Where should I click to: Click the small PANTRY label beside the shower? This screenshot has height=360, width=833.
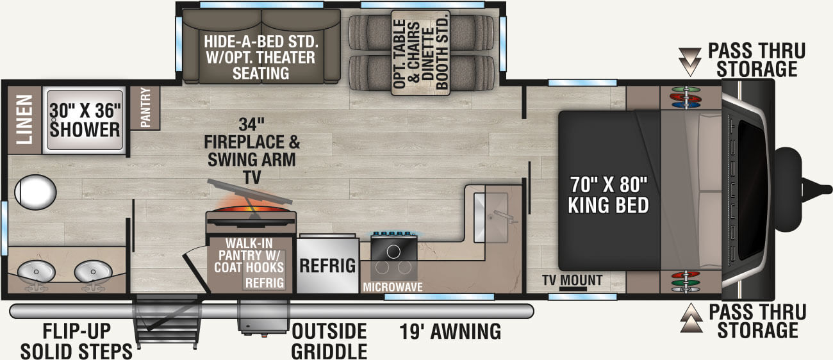(145, 108)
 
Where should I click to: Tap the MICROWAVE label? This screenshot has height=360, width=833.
(393, 287)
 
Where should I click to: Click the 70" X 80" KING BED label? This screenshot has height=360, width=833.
(608, 195)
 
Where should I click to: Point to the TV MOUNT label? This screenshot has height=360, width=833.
(572, 280)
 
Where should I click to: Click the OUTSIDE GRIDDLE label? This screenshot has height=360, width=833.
(329, 341)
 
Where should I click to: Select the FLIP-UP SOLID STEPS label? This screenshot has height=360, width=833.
(76, 341)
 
